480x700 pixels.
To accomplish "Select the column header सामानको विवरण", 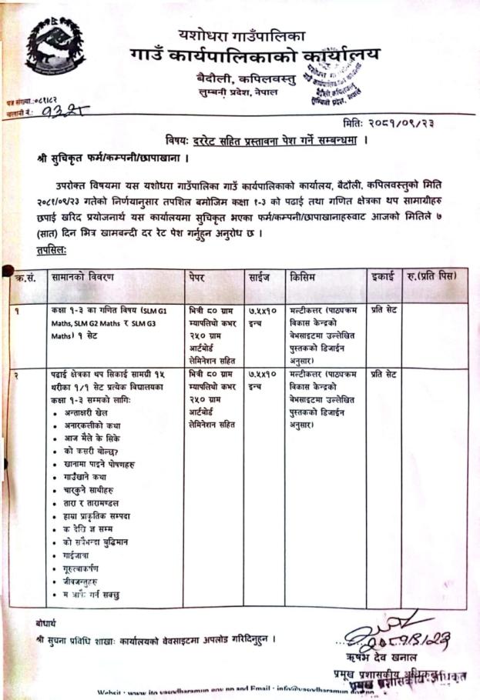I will point(83,275).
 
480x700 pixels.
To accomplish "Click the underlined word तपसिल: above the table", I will point(52,251).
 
